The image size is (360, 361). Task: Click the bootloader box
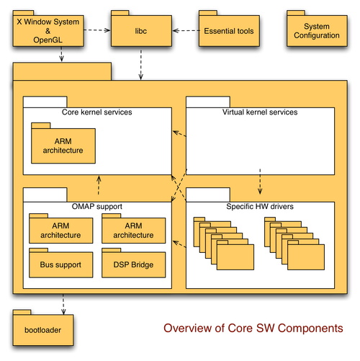tap(37, 331)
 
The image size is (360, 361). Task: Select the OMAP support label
tap(97, 207)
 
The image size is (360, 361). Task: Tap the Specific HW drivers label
tap(260, 207)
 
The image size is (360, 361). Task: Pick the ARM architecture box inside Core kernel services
tap(62, 146)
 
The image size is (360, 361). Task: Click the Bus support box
tap(61, 264)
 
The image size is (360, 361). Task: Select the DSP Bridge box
tap(133, 264)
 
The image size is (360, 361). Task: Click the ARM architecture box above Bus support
tap(61, 231)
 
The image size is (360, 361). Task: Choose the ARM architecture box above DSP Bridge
tap(133, 231)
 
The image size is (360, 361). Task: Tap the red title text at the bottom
tap(252, 328)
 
